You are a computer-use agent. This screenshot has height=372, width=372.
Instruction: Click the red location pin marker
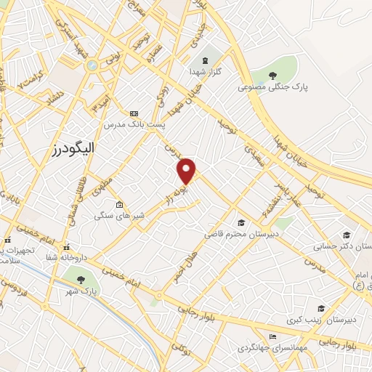click(x=187, y=169)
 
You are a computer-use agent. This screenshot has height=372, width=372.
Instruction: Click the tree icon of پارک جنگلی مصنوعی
click(x=272, y=74)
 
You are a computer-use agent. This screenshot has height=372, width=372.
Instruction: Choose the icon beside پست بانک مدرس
click(x=134, y=113)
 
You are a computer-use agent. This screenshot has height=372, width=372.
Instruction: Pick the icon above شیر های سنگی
click(x=119, y=205)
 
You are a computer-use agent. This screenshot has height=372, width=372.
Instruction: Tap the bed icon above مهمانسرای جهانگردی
click(x=272, y=336)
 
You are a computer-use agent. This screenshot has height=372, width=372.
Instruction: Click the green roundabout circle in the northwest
click(x=92, y=65)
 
